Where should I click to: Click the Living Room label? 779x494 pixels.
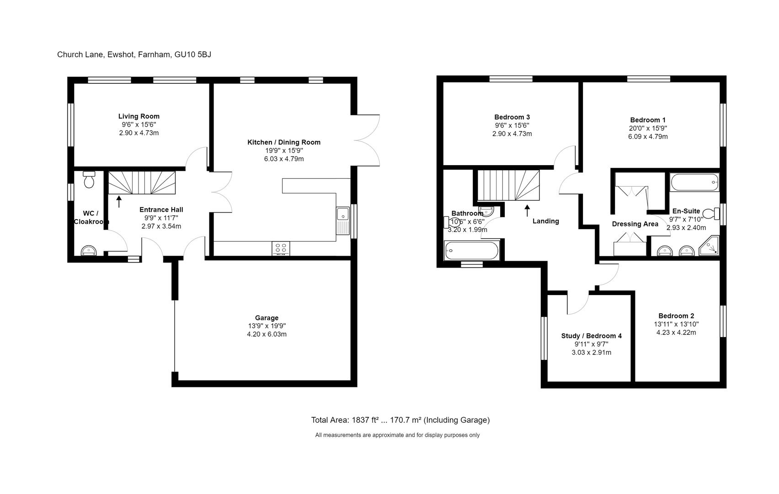click(x=139, y=116)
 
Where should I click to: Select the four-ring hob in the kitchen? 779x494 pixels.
click(x=281, y=248)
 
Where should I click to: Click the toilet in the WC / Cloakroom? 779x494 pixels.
click(x=89, y=180)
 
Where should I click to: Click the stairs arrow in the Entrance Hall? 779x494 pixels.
click(x=119, y=201)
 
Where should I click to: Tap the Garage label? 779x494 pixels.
click(x=267, y=318)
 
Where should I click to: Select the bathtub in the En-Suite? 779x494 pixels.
click(x=694, y=183)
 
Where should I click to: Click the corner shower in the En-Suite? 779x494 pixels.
click(x=710, y=246)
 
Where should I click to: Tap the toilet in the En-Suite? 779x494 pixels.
click(x=710, y=214)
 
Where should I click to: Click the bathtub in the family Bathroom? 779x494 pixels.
click(x=471, y=250)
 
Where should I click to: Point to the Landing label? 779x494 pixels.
click(x=545, y=221)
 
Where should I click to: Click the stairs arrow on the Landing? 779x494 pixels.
click(x=527, y=210)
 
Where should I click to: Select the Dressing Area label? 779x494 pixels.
click(x=635, y=224)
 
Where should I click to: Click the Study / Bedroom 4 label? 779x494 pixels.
click(x=591, y=336)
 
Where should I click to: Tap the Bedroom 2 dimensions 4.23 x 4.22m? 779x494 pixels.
click(x=676, y=333)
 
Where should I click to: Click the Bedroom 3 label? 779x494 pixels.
click(x=512, y=117)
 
